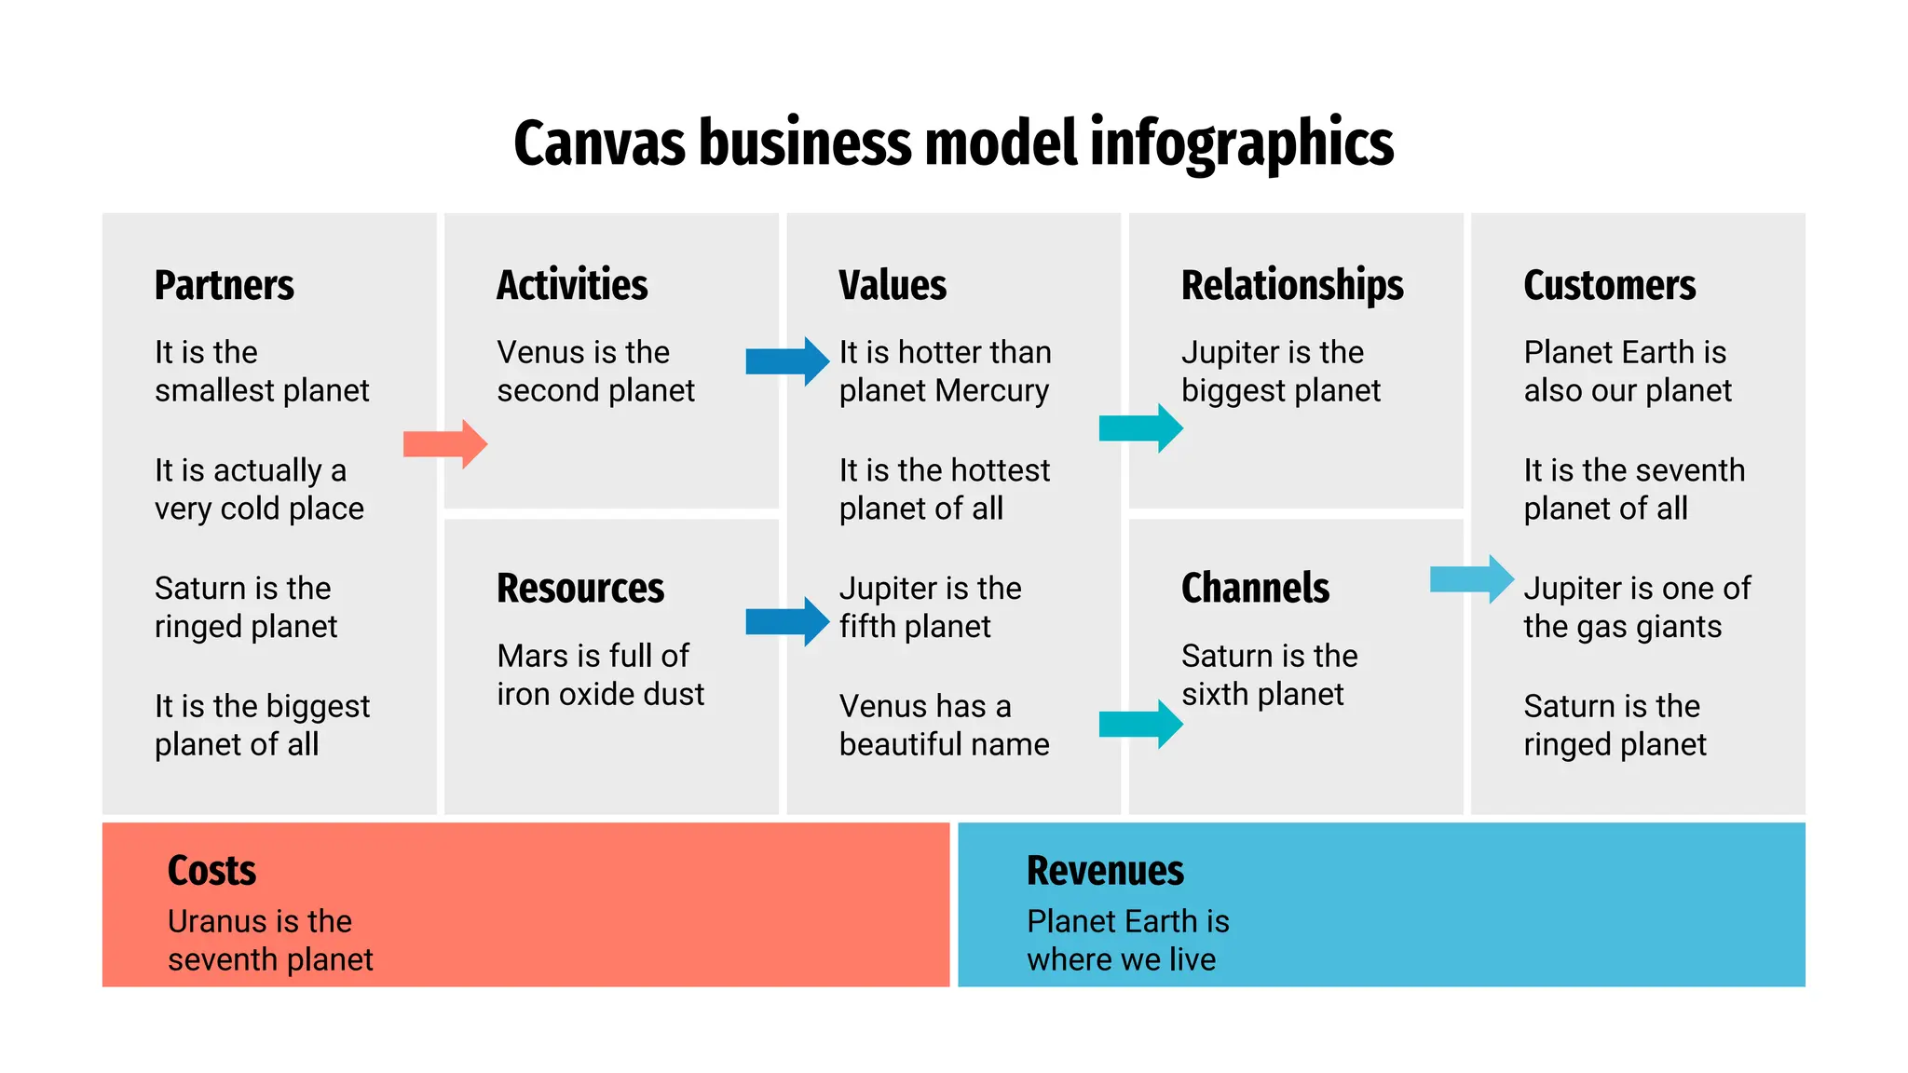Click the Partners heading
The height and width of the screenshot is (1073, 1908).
[x=224, y=285]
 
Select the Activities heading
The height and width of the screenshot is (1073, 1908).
[x=572, y=285]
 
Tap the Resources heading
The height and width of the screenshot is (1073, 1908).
[x=579, y=589]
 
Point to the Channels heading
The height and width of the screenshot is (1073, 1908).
[x=1255, y=589]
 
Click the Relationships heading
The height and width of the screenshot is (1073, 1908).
[x=1292, y=285]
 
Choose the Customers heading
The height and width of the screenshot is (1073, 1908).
[x=1609, y=285]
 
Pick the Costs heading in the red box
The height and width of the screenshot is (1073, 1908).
[x=211, y=871]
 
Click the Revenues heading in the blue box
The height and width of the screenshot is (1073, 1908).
[x=1105, y=871]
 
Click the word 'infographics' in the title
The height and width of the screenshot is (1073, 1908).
[x=1241, y=144]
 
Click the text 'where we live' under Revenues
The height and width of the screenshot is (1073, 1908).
[x=1121, y=959]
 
